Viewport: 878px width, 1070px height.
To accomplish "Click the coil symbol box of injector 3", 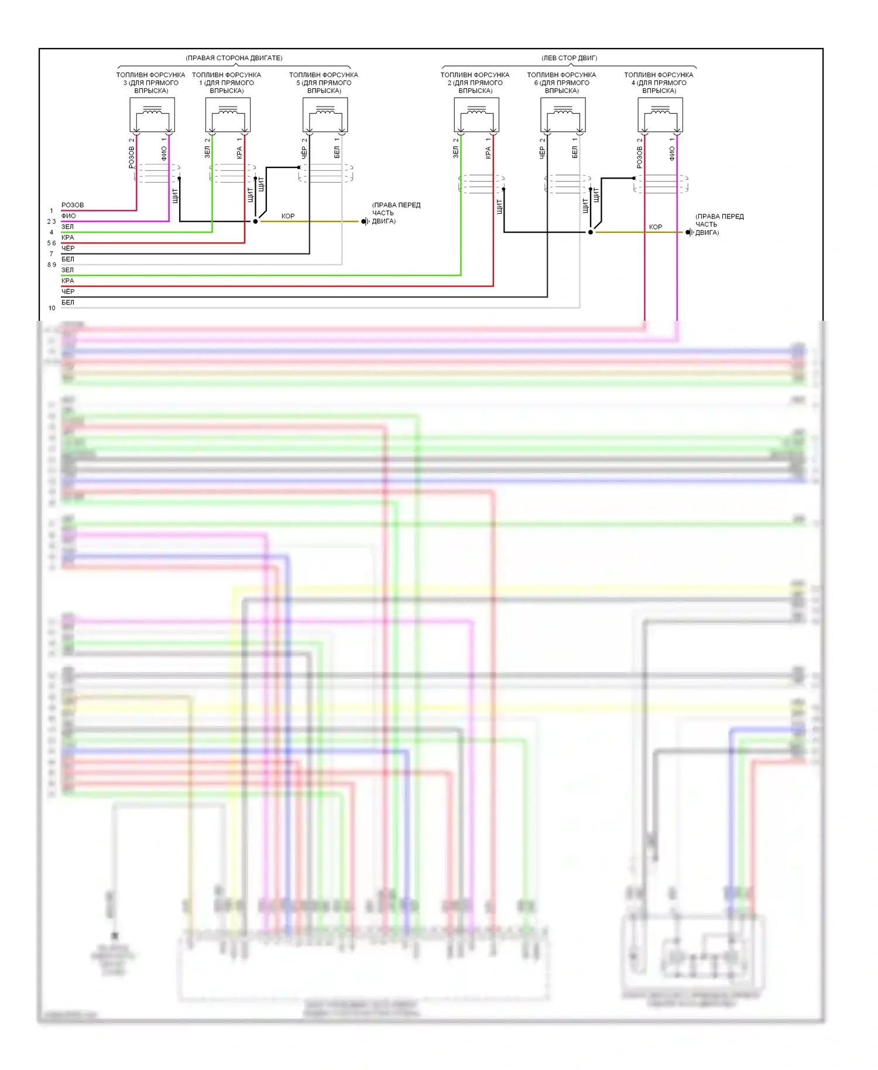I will [x=152, y=115].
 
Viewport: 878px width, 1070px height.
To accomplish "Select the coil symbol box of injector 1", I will [x=228, y=115].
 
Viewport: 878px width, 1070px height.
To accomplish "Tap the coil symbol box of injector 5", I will [x=325, y=115].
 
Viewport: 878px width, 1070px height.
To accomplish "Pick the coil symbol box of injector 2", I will [x=476, y=115].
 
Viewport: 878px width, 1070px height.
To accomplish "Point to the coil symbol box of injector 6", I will [x=563, y=115].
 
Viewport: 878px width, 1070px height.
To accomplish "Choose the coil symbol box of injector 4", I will [x=660, y=115].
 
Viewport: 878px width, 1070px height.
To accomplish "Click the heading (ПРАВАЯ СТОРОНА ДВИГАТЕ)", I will [x=234, y=58].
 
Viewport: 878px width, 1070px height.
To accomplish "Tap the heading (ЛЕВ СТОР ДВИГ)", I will [x=569, y=58].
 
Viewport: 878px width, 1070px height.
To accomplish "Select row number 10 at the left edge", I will [x=52, y=308].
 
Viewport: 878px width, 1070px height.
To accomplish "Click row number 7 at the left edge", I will [x=52, y=254].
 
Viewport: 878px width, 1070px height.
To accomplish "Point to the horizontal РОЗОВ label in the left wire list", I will [x=73, y=205].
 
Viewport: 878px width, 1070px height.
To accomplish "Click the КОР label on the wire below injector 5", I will [x=288, y=216].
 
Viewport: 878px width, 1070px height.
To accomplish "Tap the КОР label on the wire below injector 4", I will [x=656, y=227].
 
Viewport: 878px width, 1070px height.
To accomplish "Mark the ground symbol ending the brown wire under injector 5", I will [x=364, y=221].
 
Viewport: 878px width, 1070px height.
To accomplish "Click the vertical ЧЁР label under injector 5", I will [x=304, y=153].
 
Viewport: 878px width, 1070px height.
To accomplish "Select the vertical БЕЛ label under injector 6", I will [x=575, y=153].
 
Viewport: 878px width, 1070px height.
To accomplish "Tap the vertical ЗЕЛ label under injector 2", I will [x=456, y=153].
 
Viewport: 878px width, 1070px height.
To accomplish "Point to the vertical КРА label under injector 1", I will [x=239, y=153].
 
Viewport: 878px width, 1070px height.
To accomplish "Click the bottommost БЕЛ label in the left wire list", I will [x=68, y=303].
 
